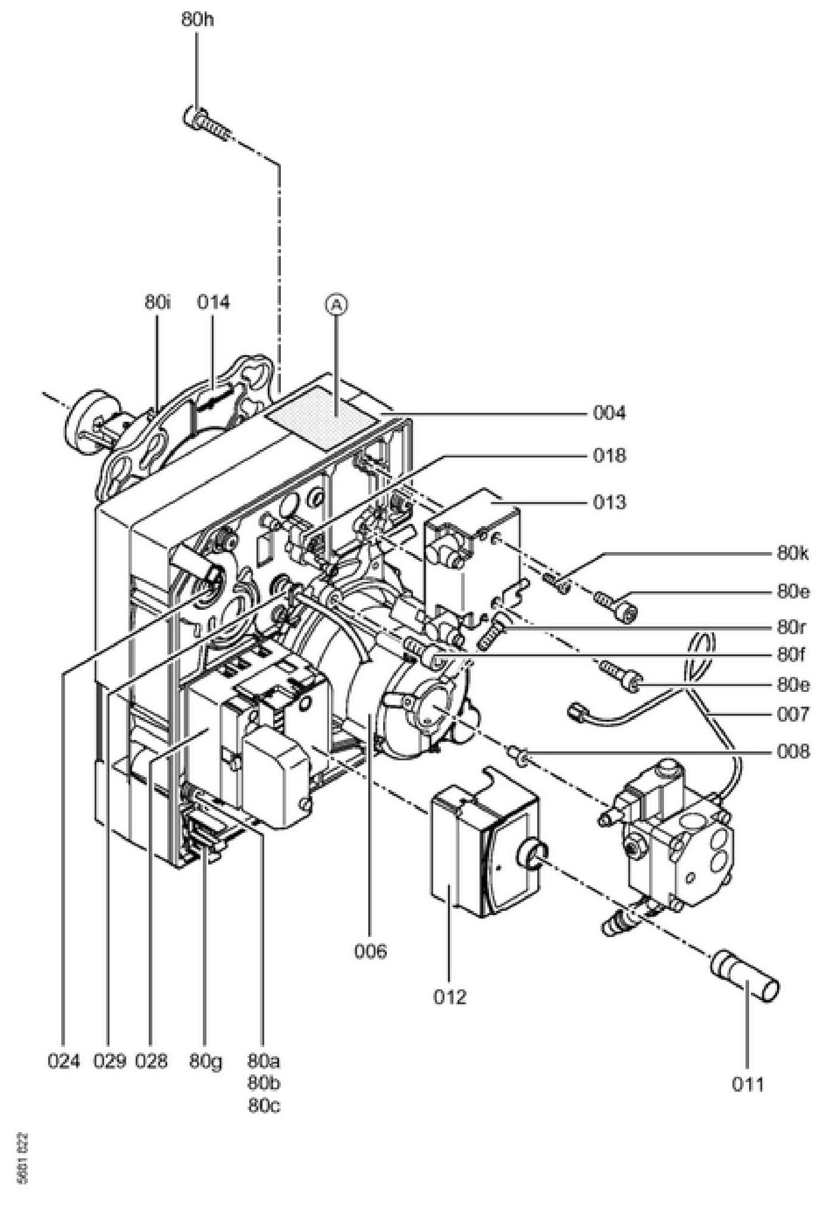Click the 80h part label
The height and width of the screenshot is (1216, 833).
coord(198,19)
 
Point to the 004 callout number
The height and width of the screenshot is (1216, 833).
coord(609,413)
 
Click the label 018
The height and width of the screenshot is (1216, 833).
coord(609,455)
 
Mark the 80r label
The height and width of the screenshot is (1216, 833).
coord(792,627)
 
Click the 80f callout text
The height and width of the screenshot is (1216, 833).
coord(792,655)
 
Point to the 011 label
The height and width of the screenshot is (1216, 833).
coord(747,1084)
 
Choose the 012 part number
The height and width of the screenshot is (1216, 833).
coord(449,997)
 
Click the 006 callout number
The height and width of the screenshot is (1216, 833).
coord(370,951)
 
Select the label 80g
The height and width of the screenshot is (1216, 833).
coord(206,1062)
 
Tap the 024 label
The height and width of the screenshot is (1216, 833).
coord(64,1062)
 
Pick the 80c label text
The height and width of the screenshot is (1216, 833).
coord(264,1106)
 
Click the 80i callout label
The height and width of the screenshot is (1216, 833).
coord(157,302)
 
